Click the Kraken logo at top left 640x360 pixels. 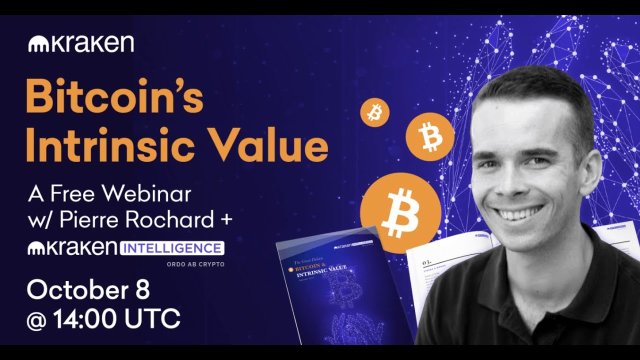coord(81,44)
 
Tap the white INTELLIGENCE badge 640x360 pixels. coord(172,248)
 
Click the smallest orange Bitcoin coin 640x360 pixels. coord(374,112)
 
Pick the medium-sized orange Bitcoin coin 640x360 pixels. coord(429,136)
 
